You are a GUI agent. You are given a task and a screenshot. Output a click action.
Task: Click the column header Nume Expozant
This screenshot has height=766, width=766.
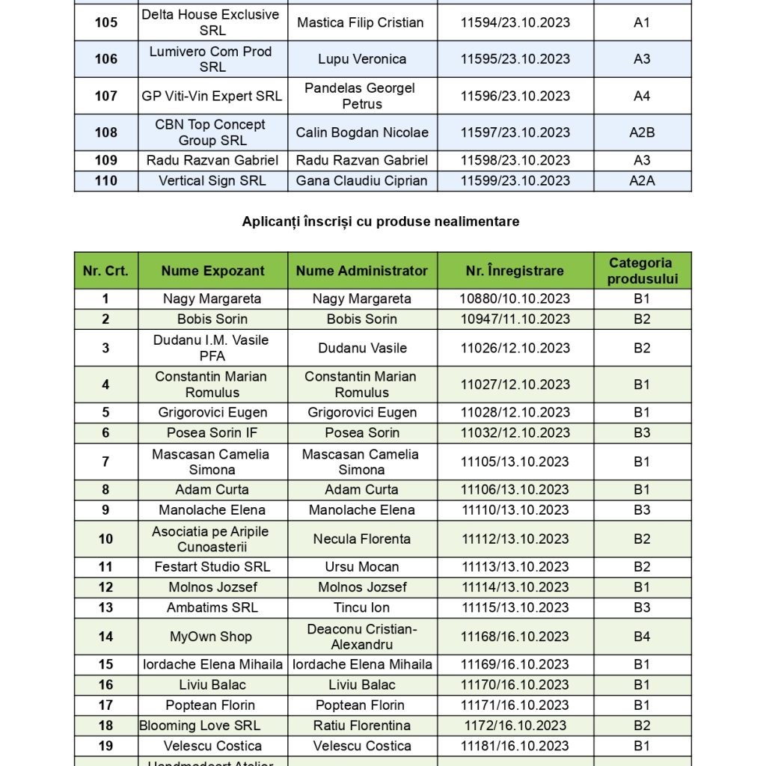tap(212, 271)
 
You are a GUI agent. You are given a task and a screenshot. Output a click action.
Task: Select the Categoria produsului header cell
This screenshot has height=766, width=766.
tap(642, 271)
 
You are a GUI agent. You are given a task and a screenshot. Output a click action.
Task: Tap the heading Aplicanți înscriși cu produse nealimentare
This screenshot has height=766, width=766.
tap(381, 221)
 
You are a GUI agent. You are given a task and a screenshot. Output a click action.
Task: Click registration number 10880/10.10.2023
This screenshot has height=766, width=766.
tap(515, 298)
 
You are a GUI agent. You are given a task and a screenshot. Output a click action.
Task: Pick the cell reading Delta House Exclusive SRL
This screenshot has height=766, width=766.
tap(212, 22)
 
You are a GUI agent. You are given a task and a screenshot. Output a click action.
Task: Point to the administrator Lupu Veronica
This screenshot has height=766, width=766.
tap(362, 59)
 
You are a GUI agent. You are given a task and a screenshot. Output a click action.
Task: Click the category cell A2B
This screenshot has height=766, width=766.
tap(642, 132)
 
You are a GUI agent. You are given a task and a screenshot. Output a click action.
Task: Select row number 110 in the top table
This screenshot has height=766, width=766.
tap(106, 180)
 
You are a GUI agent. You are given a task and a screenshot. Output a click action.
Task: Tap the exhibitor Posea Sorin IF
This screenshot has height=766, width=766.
tap(212, 432)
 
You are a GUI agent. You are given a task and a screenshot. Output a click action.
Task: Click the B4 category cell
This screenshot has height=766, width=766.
tap(642, 637)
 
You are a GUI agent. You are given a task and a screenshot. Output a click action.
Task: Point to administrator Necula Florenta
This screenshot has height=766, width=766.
tap(362, 539)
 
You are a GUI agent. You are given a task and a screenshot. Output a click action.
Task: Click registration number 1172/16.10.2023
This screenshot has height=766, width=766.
tap(515, 726)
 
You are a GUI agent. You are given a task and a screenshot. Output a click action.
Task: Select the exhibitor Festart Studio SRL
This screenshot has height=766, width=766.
tap(212, 567)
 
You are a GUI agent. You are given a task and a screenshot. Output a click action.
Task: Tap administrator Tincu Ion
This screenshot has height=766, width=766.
tap(362, 607)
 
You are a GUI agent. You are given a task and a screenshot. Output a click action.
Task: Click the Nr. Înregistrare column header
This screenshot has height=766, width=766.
tap(515, 271)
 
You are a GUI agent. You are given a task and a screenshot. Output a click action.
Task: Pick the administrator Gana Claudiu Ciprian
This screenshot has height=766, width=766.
tap(362, 180)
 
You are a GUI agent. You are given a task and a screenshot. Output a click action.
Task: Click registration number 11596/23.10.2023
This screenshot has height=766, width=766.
tap(515, 96)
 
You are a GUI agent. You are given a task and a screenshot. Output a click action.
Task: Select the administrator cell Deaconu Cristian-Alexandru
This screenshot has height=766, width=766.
tap(362, 637)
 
